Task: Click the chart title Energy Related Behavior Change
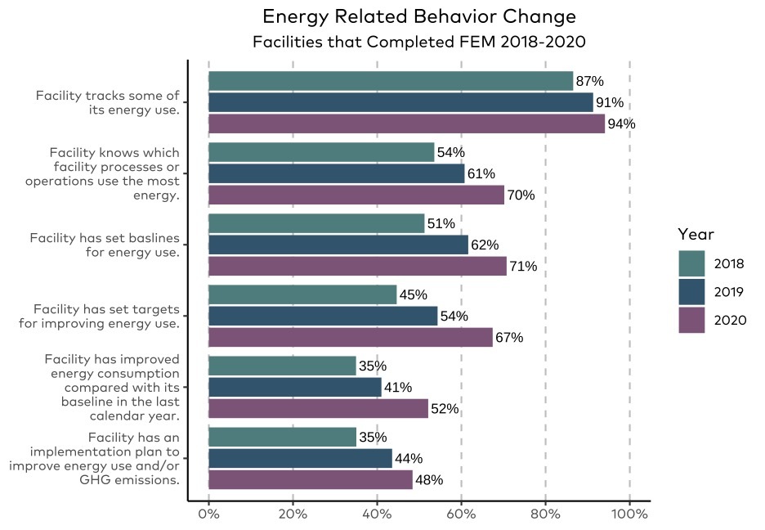pyautogui.click(x=419, y=17)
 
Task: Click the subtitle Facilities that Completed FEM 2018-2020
pyautogui.click(x=419, y=41)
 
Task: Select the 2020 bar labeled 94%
pyautogui.click(x=406, y=124)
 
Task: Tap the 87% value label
pyautogui.click(x=589, y=81)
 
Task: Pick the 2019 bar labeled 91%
pyautogui.click(x=400, y=102)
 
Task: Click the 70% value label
pyautogui.click(x=521, y=195)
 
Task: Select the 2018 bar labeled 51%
pyautogui.click(x=316, y=223)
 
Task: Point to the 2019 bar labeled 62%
pyautogui.click(x=338, y=245)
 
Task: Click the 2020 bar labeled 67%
pyautogui.click(x=351, y=337)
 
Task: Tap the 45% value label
pyautogui.click(x=413, y=294)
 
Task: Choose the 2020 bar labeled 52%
pyautogui.click(x=319, y=408)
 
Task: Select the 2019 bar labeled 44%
pyautogui.click(x=300, y=458)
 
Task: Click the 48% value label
pyautogui.click(x=429, y=479)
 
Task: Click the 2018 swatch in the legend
pyautogui.click(x=691, y=263)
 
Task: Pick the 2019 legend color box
pyautogui.click(x=691, y=292)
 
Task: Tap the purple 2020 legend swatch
pyautogui.click(x=691, y=320)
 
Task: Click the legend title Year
pyautogui.click(x=694, y=235)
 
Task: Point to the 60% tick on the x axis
pyautogui.click(x=461, y=514)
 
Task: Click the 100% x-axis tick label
pyautogui.click(x=629, y=514)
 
